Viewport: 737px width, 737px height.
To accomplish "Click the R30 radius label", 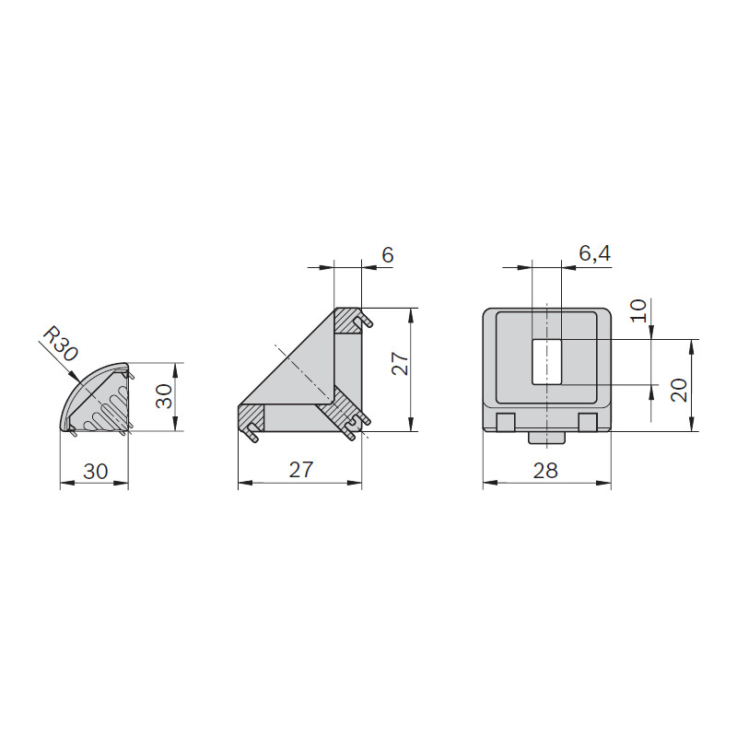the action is point(60,344).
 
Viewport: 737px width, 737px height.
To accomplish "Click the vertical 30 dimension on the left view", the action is point(165,396).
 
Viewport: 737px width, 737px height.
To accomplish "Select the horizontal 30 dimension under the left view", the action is point(96,472).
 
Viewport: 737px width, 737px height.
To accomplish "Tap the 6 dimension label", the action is point(387,255).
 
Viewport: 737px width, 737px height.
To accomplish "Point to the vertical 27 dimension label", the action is point(401,363).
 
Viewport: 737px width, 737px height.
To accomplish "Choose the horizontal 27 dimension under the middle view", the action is point(301,470).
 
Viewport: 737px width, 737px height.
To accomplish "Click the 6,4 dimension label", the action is point(594,254).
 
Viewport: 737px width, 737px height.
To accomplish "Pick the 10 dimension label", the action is point(638,310).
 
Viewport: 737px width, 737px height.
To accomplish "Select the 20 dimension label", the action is point(679,390).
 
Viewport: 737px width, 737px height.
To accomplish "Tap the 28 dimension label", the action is point(545,471).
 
